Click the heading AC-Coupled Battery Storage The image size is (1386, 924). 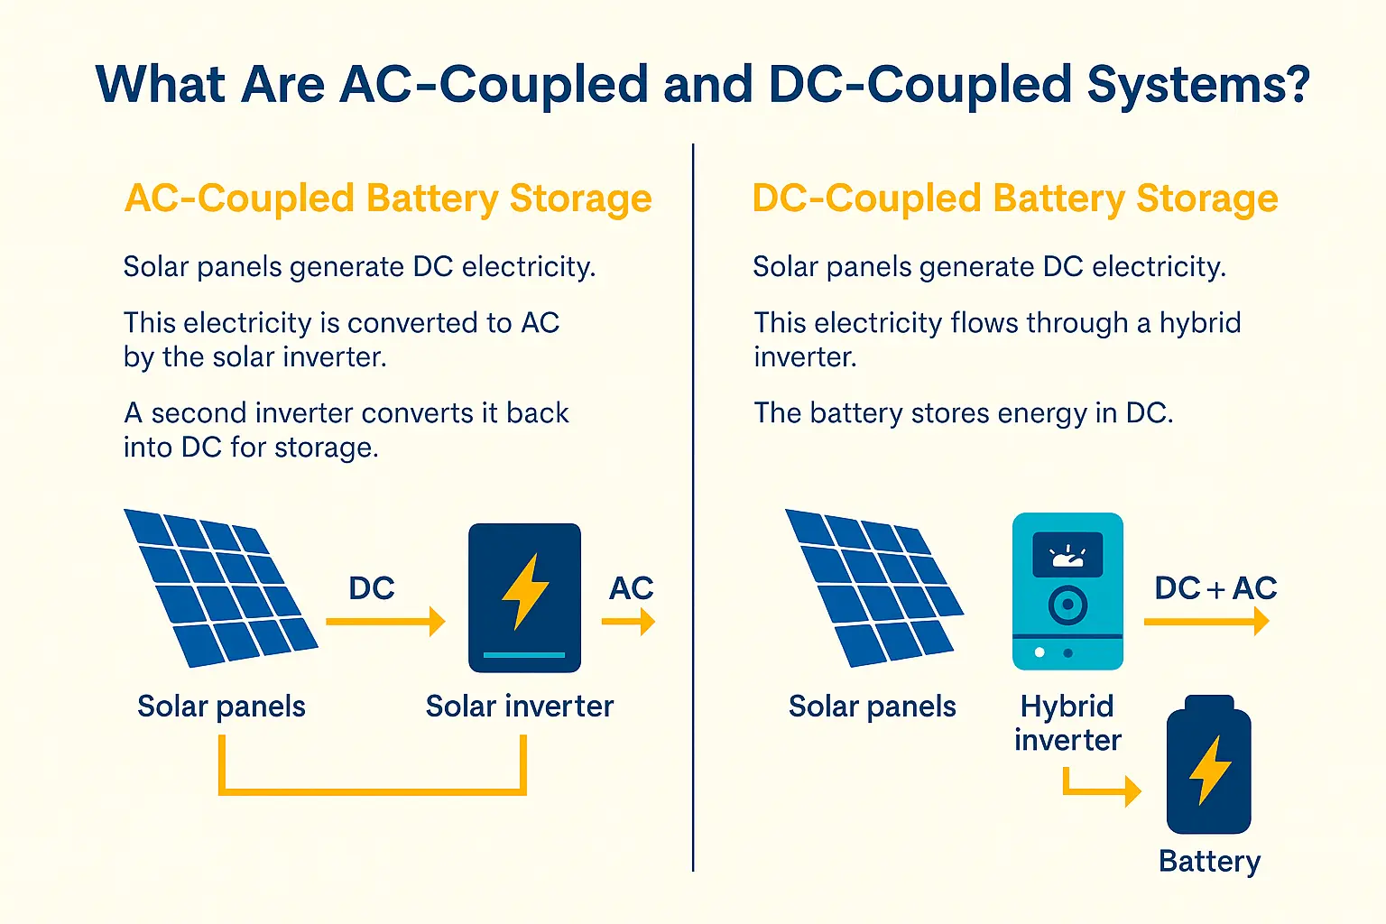388,199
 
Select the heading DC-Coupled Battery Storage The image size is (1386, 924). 1014,199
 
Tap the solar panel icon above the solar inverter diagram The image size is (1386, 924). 219,587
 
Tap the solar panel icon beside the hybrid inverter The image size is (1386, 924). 873,587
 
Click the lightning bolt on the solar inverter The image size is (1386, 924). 524,590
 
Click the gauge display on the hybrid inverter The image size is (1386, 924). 1067,555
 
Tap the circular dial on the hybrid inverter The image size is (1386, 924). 1067,605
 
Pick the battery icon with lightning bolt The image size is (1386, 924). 1208,765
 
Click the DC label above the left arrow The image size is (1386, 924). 372,588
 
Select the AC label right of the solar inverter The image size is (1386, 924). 631,588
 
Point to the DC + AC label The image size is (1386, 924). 1215,588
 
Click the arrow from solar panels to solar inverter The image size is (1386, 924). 385,622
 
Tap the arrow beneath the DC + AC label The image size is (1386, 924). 1206,621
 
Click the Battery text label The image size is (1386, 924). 1209,862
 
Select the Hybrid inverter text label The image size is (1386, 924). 1067,723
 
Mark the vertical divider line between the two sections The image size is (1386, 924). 693,505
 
